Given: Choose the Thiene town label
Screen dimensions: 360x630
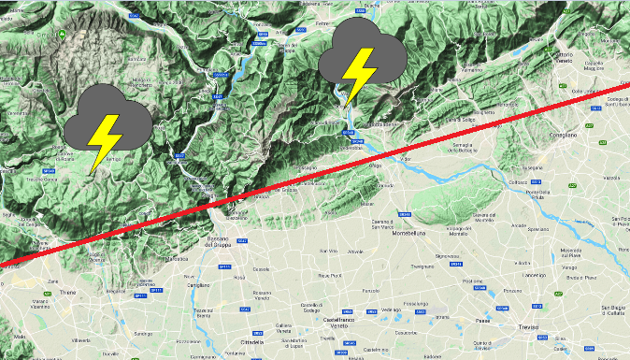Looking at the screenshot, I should point(68,292).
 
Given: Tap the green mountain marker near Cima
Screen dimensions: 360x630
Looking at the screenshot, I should point(62,36).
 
